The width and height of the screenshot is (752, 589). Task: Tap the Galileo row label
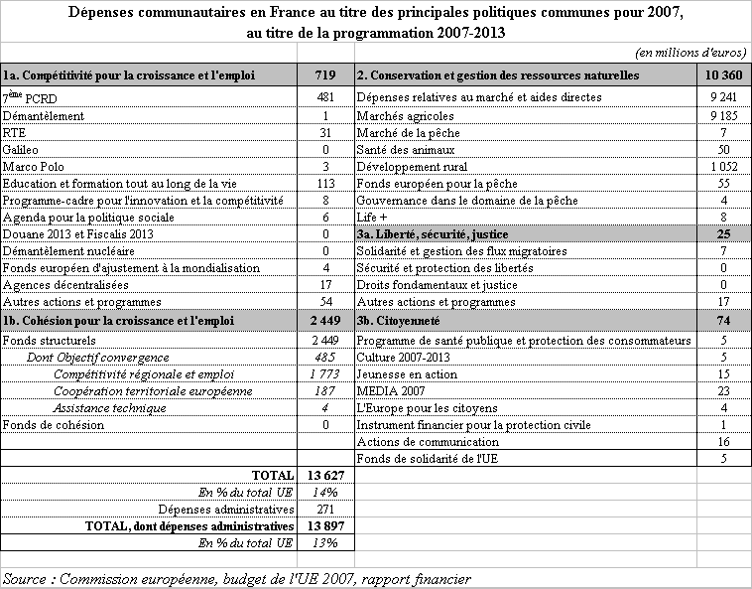click(x=21, y=149)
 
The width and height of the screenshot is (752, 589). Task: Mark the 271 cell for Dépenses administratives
click(x=324, y=509)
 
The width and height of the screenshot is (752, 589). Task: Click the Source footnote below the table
click(x=236, y=578)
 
